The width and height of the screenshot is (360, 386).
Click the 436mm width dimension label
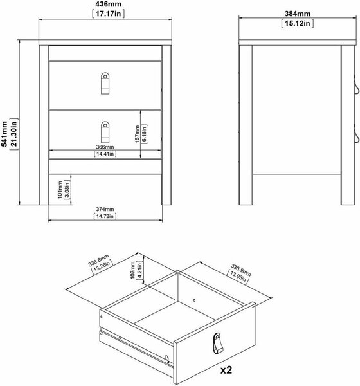click(x=108, y=4)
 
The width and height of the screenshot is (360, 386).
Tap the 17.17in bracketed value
click(x=108, y=14)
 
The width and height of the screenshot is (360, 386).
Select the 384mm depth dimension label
click(x=298, y=14)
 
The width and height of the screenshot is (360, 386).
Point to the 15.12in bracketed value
click(x=298, y=23)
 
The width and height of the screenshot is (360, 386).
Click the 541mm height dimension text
click(x=4, y=134)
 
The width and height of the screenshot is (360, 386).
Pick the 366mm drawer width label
click(x=105, y=147)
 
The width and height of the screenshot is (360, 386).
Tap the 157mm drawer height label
click(x=138, y=134)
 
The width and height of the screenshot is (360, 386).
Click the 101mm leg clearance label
click(x=60, y=190)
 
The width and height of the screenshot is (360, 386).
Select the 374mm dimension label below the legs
click(x=105, y=209)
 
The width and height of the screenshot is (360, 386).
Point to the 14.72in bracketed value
click(x=105, y=216)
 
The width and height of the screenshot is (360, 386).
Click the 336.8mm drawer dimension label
click(x=98, y=261)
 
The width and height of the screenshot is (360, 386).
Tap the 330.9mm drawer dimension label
click(x=240, y=270)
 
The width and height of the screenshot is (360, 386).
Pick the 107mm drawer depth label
click(x=132, y=270)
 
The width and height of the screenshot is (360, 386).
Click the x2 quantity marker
click(x=226, y=370)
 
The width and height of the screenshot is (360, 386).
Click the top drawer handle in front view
click(x=105, y=83)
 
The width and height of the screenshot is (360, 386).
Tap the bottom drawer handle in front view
click(x=105, y=132)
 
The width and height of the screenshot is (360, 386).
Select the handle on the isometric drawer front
click(x=218, y=343)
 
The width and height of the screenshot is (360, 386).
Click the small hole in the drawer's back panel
click(x=194, y=300)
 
